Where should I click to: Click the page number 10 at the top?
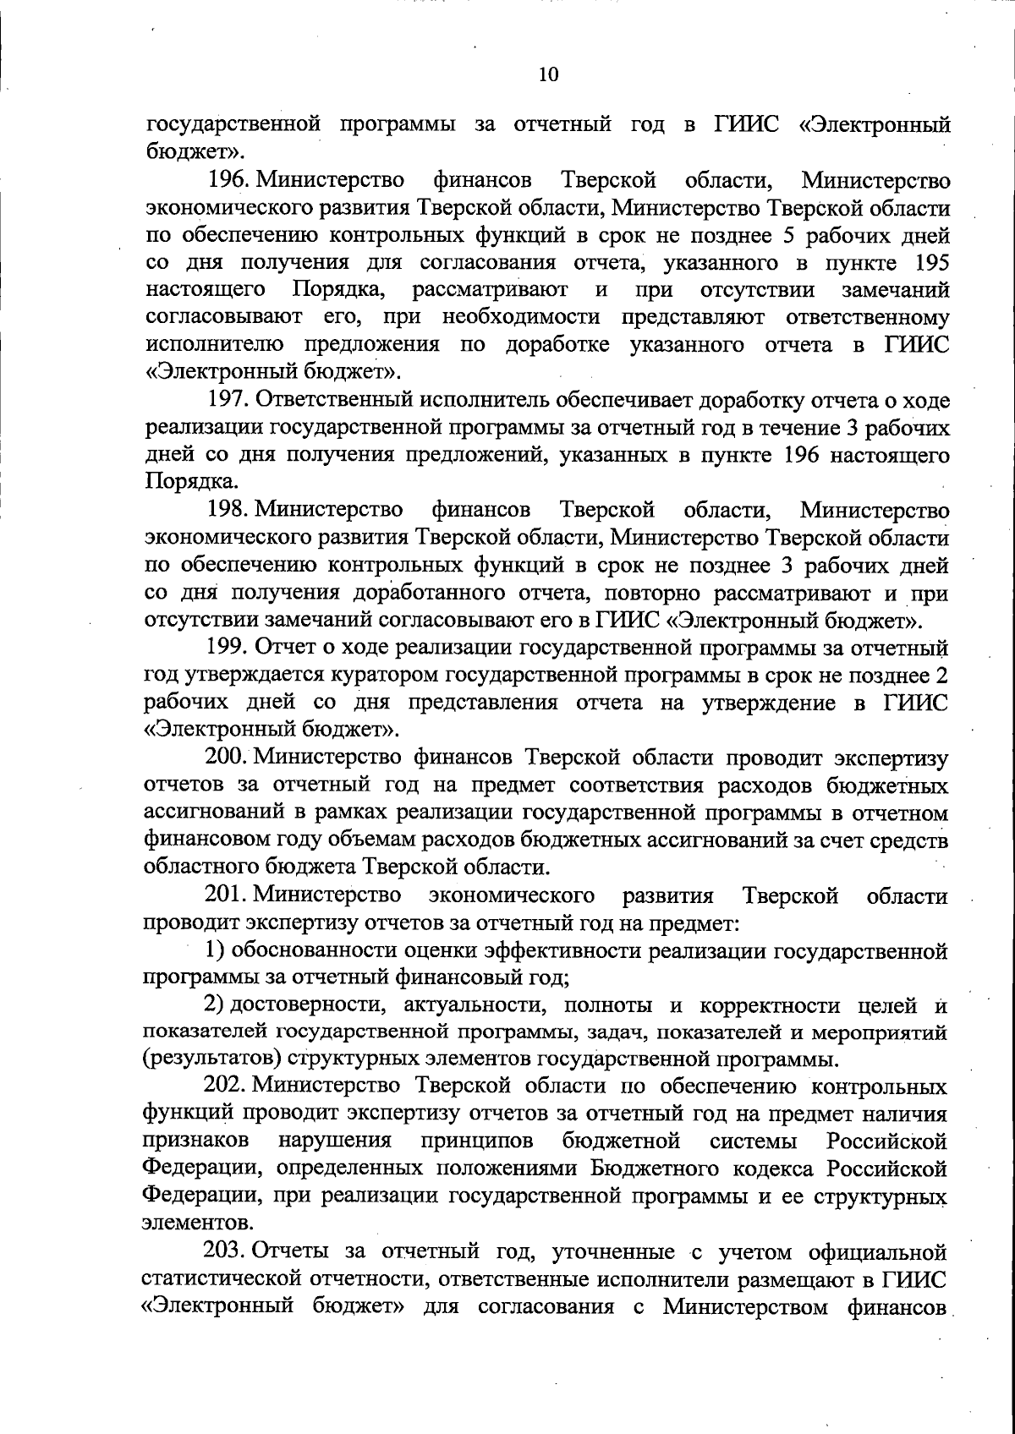tap(548, 75)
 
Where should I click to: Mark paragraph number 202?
tap(225, 1086)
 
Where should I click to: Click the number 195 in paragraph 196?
tap(926, 262)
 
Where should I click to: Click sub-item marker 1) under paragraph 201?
tap(214, 950)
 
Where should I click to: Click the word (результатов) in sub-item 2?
tap(211, 1059)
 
